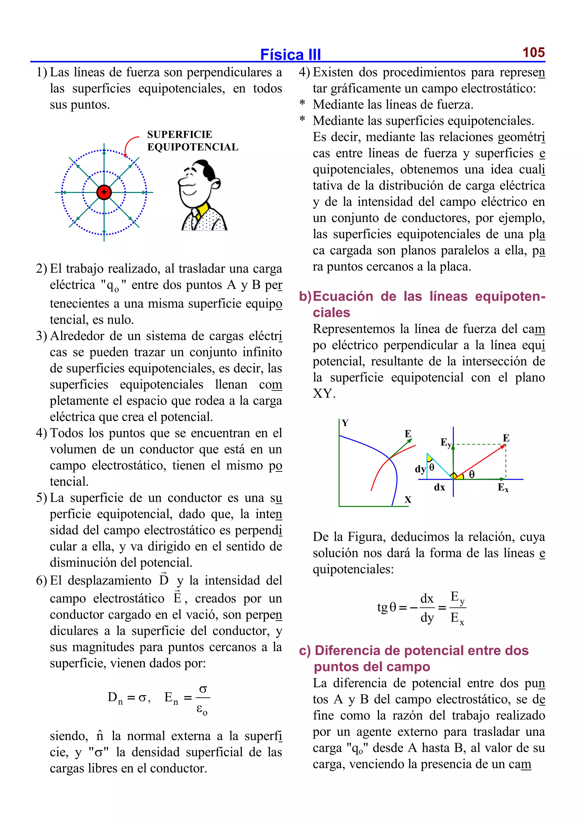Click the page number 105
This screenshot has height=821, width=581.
click(x=533, y=52)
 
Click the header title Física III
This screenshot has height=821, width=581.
click(x=290, y=55)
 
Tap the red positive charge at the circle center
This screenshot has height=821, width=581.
click(x=104, y=192)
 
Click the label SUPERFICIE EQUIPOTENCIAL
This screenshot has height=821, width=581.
click(x=192, y=141)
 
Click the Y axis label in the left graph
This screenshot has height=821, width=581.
click(x=345, y=423)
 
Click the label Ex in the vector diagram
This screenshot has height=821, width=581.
click(x=503, y=487)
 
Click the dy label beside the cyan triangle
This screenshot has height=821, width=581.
click(x=420, y=469)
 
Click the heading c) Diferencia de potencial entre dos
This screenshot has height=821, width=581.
click(x=414, y=650)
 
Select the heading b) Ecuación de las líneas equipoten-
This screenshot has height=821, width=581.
click(x=422, y=297)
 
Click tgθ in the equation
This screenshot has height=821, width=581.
click(x=387, y=607)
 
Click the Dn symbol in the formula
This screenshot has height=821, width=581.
click(x=115, y=697)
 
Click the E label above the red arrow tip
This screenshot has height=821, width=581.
click(x=506, y=438)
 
